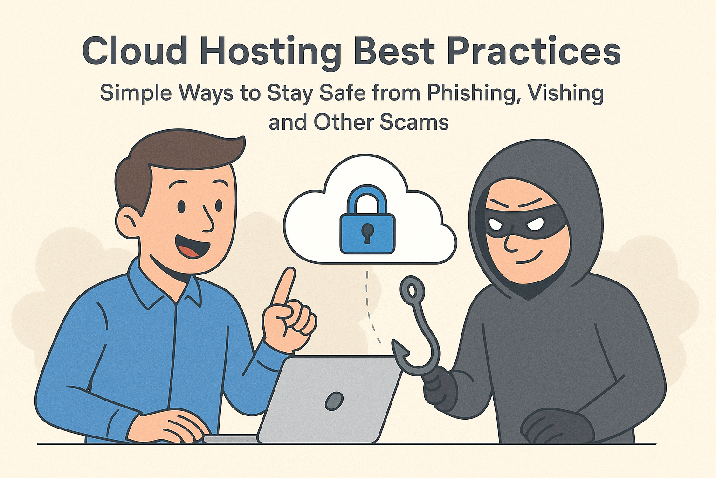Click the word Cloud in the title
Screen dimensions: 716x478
tap(135, 51)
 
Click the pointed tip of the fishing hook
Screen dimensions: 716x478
tap(393, 341)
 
